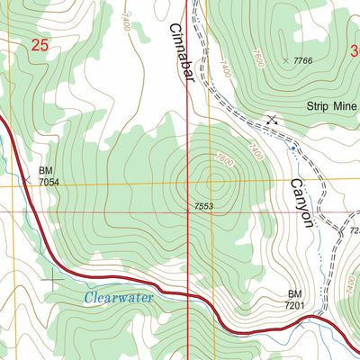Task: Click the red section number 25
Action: pyautogui.click(x=39, y=44)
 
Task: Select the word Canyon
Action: pyautogui.click(x=301, y=202)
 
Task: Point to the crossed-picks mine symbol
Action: pyautogui.click(x=271, y=119)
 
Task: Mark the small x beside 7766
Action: pyautogui.click(x=286, y=60)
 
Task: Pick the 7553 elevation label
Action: pyautogui.click(x=203, y=207)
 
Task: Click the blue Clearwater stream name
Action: pyautogui.click(x=120, y=296)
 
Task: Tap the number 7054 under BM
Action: pyautogui.click(x=49, y=182)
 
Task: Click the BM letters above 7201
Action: pyautogui.click(x=295, y=294)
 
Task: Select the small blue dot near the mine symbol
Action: pyautogui.click(x=293, y=146)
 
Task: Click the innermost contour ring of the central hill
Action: pyautogui.click(x=213, y=182)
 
